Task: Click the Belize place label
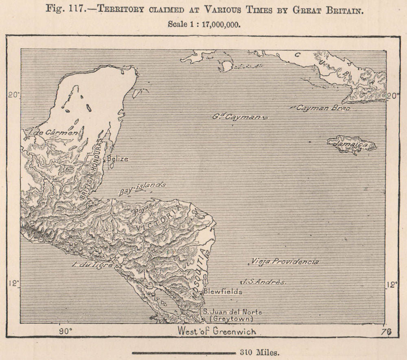(x=118, y=159)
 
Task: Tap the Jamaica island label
(x=351, y=145)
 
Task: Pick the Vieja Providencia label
(x=284, y=262)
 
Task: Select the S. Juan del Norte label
(x=232, y=312)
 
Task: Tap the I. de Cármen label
(x=52, y=133)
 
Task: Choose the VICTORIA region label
(x=161, y=220)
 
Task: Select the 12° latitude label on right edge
(x=392, y=285)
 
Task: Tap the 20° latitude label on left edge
(x=13, y=95)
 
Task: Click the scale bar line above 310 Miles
(x=184, y=353)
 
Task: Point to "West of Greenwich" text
(x=217, y=332)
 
